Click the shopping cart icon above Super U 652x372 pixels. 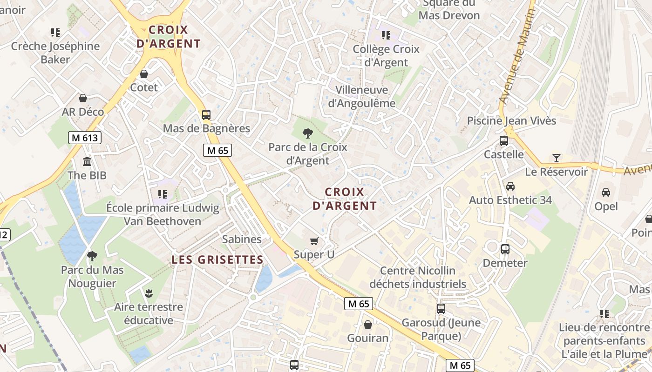(x=314, y=241)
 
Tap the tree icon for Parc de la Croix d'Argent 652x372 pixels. (x=307, y=134)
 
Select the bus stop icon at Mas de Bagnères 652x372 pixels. (x=206, y=114)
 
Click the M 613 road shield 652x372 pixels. (x=84, y=138)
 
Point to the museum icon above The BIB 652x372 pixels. (x=87, y=162)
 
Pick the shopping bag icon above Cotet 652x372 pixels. (x=144, y=74)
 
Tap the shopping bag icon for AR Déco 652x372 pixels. (x=83, y=98)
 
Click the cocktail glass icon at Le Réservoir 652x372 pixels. (x=556, y=158)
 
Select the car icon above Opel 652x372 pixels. (x=605, y=192)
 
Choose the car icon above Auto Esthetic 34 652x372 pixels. (x=510, y=186)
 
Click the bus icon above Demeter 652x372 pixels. (x=505, y=249)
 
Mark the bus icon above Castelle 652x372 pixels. (x=503, y=141)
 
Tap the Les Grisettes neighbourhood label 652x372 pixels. (x=217, y=259)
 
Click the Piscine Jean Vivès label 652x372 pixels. (x=511, y=121)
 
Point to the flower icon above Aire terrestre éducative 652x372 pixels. (x=149, y=293)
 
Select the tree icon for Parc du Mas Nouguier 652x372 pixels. (x=92, y=256)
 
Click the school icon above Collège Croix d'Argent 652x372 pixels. (x=386, y=35)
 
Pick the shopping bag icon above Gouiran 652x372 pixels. (x=368, y=325)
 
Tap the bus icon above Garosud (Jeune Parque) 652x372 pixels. (x=441, y=308)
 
